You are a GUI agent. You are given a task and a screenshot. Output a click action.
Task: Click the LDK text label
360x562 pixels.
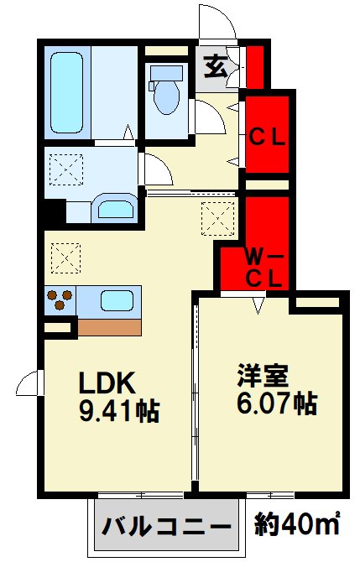tap(107, 383)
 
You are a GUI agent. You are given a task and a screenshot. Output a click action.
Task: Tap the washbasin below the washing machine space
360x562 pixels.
tap(112, 208)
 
